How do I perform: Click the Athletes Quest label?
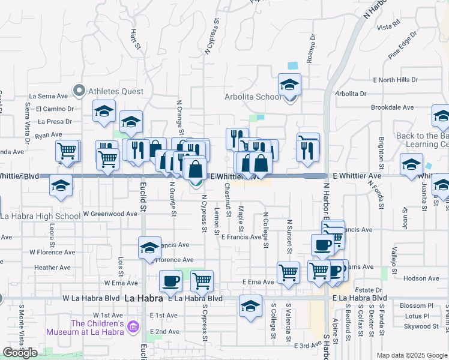(x=116, y=91)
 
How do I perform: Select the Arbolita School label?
(x=252, y=97)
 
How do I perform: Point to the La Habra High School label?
(x=40, y=217)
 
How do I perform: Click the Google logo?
(x=20, y=353)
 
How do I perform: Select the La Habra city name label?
(x=143, y=298)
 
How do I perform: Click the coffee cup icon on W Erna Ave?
(x=170, y=281)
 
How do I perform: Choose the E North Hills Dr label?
(x=395, y=80)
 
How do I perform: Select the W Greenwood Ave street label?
(x=110, y=214)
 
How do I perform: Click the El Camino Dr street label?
(x=54, y=109)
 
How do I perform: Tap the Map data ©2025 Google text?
(x=412, y=355)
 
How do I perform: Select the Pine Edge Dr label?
(x=402, y=49)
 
